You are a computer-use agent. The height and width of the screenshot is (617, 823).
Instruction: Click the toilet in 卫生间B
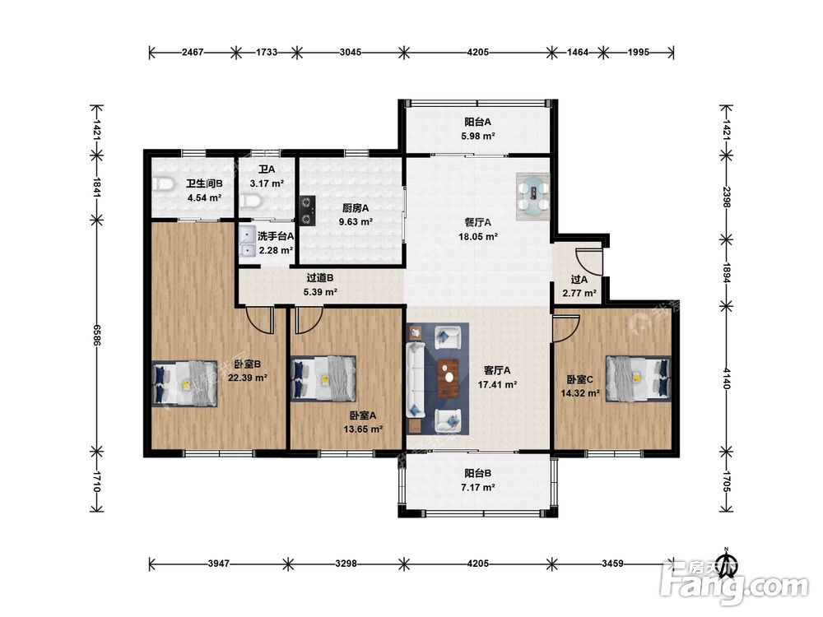[x=164, y=184]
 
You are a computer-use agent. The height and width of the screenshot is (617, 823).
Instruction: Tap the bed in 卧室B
[x=184, y=383]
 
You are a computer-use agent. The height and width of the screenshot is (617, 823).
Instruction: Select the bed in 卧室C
[x=639, y=378]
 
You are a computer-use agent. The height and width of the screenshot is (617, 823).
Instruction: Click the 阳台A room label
[x=477, y=122]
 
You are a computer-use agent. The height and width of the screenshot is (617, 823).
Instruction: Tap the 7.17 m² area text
[x=477, y=487]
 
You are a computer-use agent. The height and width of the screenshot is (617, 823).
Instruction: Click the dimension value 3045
[x=350, y=52]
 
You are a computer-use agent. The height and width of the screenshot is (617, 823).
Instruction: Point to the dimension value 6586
[x=96, y=335]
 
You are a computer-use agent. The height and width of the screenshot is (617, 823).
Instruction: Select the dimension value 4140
[x=727, y=378]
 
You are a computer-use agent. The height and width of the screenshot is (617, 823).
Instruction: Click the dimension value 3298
[x=346, y=564]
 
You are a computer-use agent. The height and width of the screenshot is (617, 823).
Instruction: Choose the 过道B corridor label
[x=319, y=278]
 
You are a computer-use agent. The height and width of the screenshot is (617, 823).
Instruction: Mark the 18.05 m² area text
[x=477, y=237]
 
